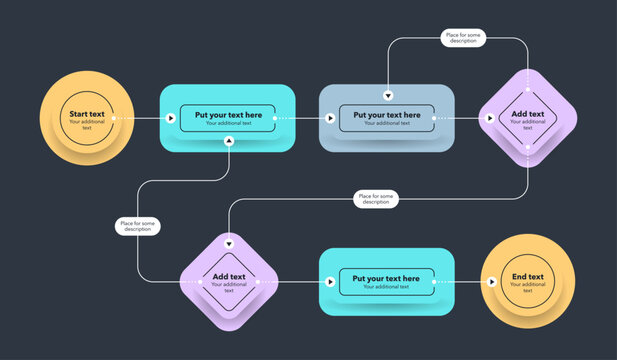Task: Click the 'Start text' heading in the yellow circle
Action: (x=87, y=114)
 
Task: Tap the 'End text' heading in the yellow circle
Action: (x=528, y=277)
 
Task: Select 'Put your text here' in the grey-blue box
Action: (x=386, y=115)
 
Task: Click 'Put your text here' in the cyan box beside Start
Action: (x=229, y=115)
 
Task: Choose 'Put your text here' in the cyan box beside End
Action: (x=386, y=278)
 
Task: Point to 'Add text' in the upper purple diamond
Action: (x=528, y=114)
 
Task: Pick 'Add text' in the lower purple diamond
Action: (x=229, y=277)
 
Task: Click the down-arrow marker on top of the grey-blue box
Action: (x=388, y=96)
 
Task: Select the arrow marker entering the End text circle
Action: (x=490, y=281)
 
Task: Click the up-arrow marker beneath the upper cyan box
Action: (x=229, y=142)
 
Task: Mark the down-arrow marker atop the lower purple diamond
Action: (x=229, y=244)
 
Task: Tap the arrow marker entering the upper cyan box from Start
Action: (x=171, y=118)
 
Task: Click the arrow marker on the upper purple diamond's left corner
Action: (x=490, y=118)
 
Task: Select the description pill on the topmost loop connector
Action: (x=464, y=38)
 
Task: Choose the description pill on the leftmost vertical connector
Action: (x=137, y=226)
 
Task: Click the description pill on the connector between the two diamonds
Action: (x=376, y=199)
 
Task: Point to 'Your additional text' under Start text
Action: (x=87, y=125)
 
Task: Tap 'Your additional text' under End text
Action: (x=528, y=288)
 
